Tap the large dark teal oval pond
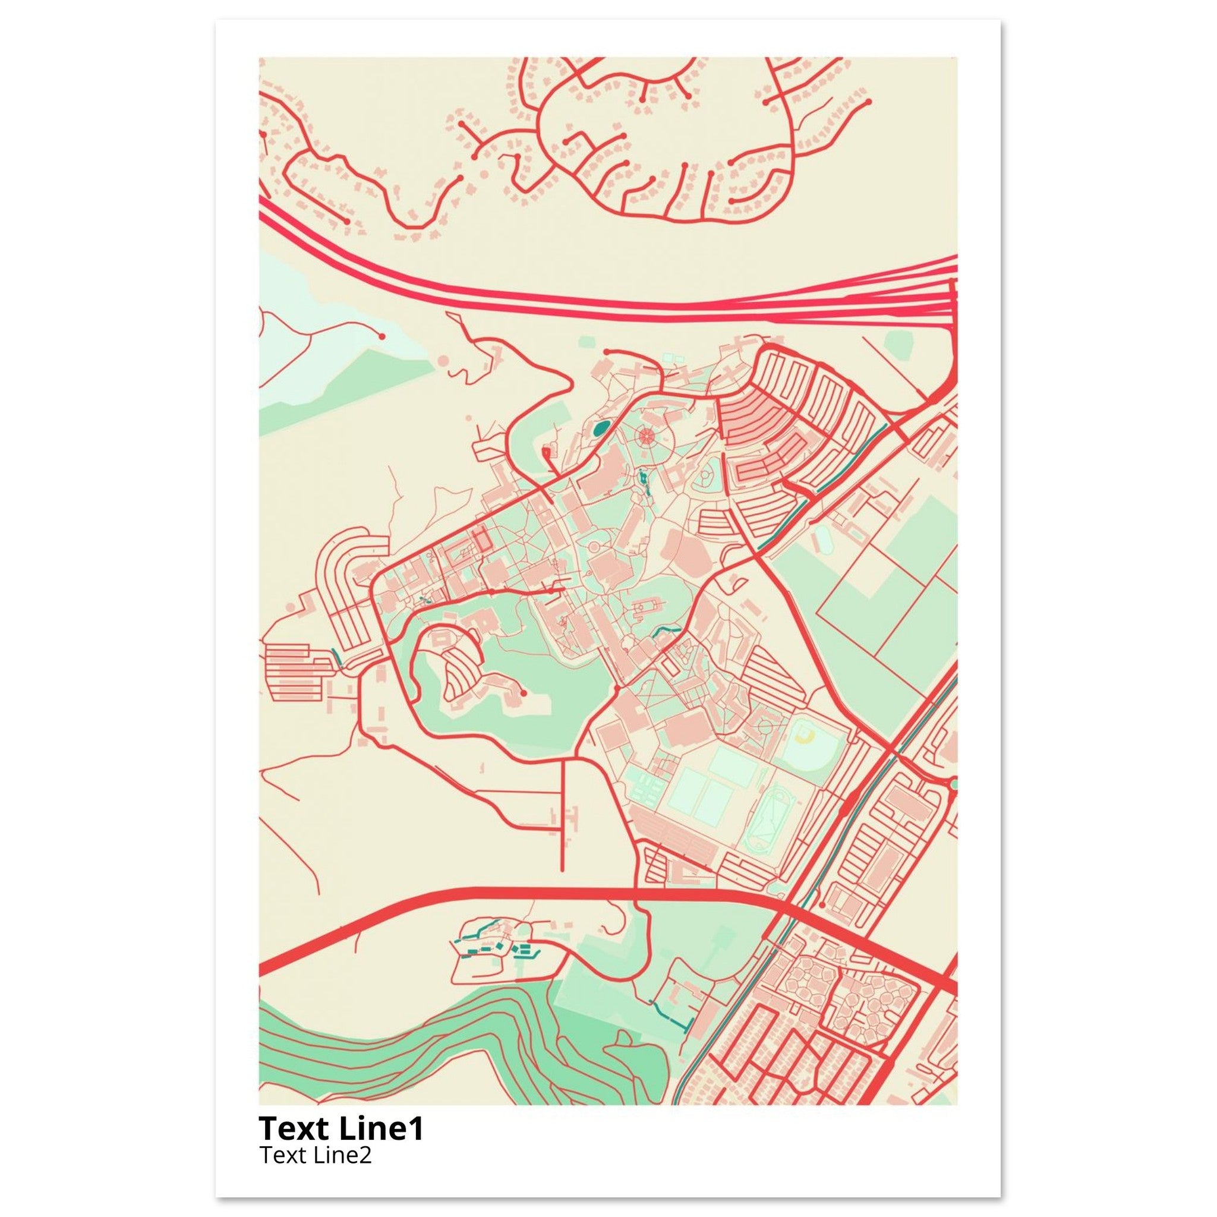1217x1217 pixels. click(599, 430)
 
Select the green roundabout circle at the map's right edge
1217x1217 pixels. click(953, 784)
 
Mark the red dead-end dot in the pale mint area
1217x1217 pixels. click(381, 336)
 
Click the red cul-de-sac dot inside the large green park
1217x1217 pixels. click(524, 693)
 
